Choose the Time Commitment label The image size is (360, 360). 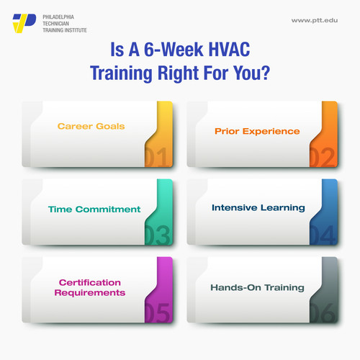coord(94,210)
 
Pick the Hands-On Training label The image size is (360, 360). coord(258,287)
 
